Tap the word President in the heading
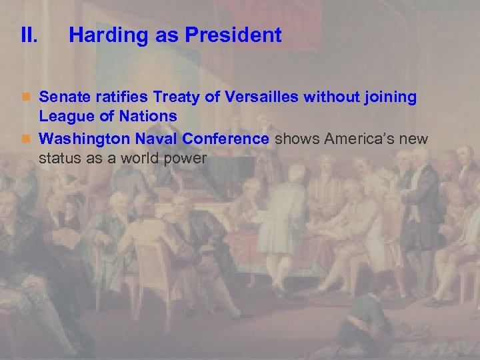coord(237,35)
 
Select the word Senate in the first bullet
coord(61,97)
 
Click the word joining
coord(389,98)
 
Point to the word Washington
coord(84,139)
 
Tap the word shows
coord(297,139)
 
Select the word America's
coord(359,139)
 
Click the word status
coord(60,159)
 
